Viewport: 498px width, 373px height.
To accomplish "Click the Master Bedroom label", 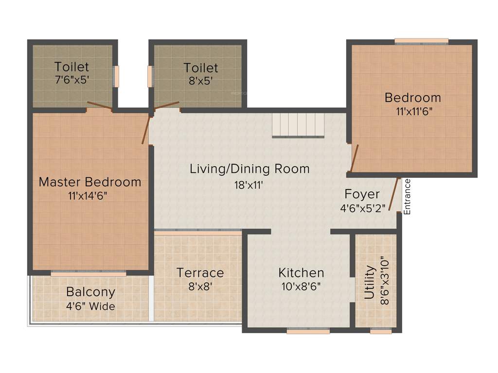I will coord(90,182).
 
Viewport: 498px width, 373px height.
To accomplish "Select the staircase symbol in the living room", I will coord(298,124).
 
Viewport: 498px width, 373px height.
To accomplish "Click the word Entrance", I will coord(408,197).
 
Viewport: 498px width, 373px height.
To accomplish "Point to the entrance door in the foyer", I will coord(394,195).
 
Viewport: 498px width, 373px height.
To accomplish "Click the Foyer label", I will coord(362,194).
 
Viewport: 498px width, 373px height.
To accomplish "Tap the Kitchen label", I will coord(301,272).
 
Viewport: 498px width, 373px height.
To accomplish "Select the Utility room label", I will coord(370,282).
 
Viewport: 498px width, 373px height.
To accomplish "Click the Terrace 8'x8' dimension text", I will coord(200,287).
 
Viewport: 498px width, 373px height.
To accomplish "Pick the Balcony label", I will coord(91,292).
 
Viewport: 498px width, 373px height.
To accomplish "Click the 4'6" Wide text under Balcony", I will coord(91,306).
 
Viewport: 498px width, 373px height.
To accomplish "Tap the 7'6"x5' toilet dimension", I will coord(71,80).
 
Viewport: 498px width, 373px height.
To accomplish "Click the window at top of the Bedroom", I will coord(421,42).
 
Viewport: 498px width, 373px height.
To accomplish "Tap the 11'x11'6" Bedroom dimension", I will coord(412,111).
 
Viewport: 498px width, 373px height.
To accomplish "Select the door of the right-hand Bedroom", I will coord(354,158).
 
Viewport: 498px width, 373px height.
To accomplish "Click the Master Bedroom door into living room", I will coord(146,129).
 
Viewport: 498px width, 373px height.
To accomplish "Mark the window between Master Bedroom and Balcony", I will coord(89,273).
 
